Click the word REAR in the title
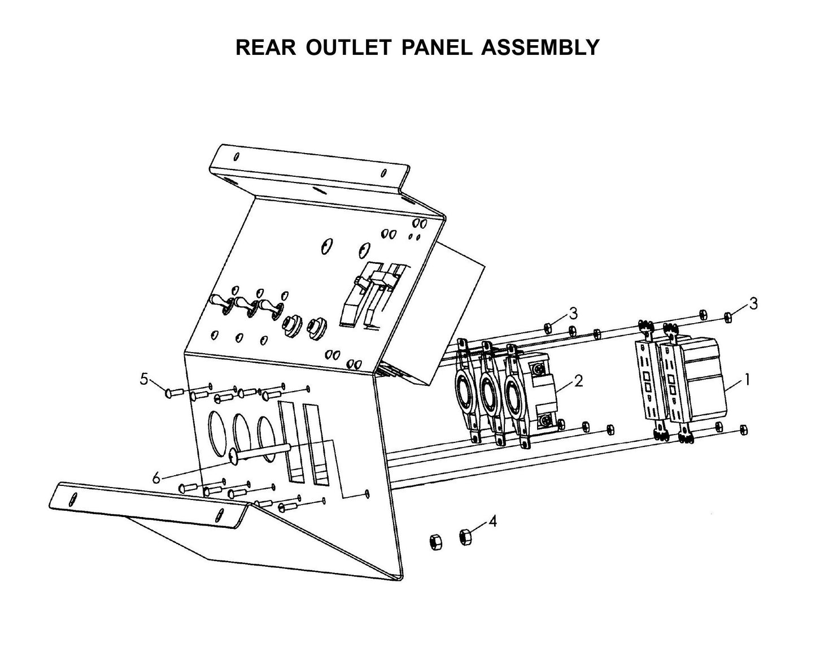265,47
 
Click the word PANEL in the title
436,47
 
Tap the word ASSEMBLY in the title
540,47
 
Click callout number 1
747,380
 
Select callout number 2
578,380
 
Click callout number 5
144,379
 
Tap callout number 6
156,478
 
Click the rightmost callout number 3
753,303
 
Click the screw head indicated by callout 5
169,390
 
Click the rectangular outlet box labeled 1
703,379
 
